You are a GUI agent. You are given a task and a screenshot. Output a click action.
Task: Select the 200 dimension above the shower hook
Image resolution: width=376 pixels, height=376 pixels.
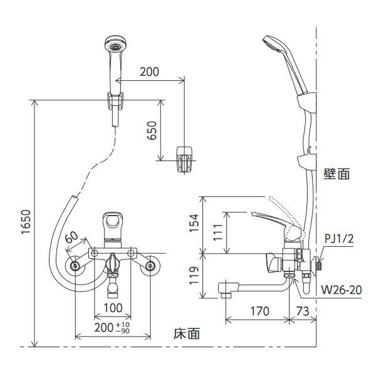tap(149, 71)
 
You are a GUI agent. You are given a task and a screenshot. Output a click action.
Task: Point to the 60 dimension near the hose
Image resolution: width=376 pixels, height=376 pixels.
tap(71, 238)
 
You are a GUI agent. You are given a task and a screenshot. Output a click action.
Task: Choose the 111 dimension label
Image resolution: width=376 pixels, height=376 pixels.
tap(216, 234)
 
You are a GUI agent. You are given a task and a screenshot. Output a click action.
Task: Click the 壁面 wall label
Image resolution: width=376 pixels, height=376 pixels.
tap(337, 174)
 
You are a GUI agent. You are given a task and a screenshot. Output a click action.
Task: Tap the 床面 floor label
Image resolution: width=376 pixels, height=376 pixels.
tap(186, 334)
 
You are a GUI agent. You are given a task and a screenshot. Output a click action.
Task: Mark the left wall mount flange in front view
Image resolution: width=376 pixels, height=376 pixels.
tap(76, 266)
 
